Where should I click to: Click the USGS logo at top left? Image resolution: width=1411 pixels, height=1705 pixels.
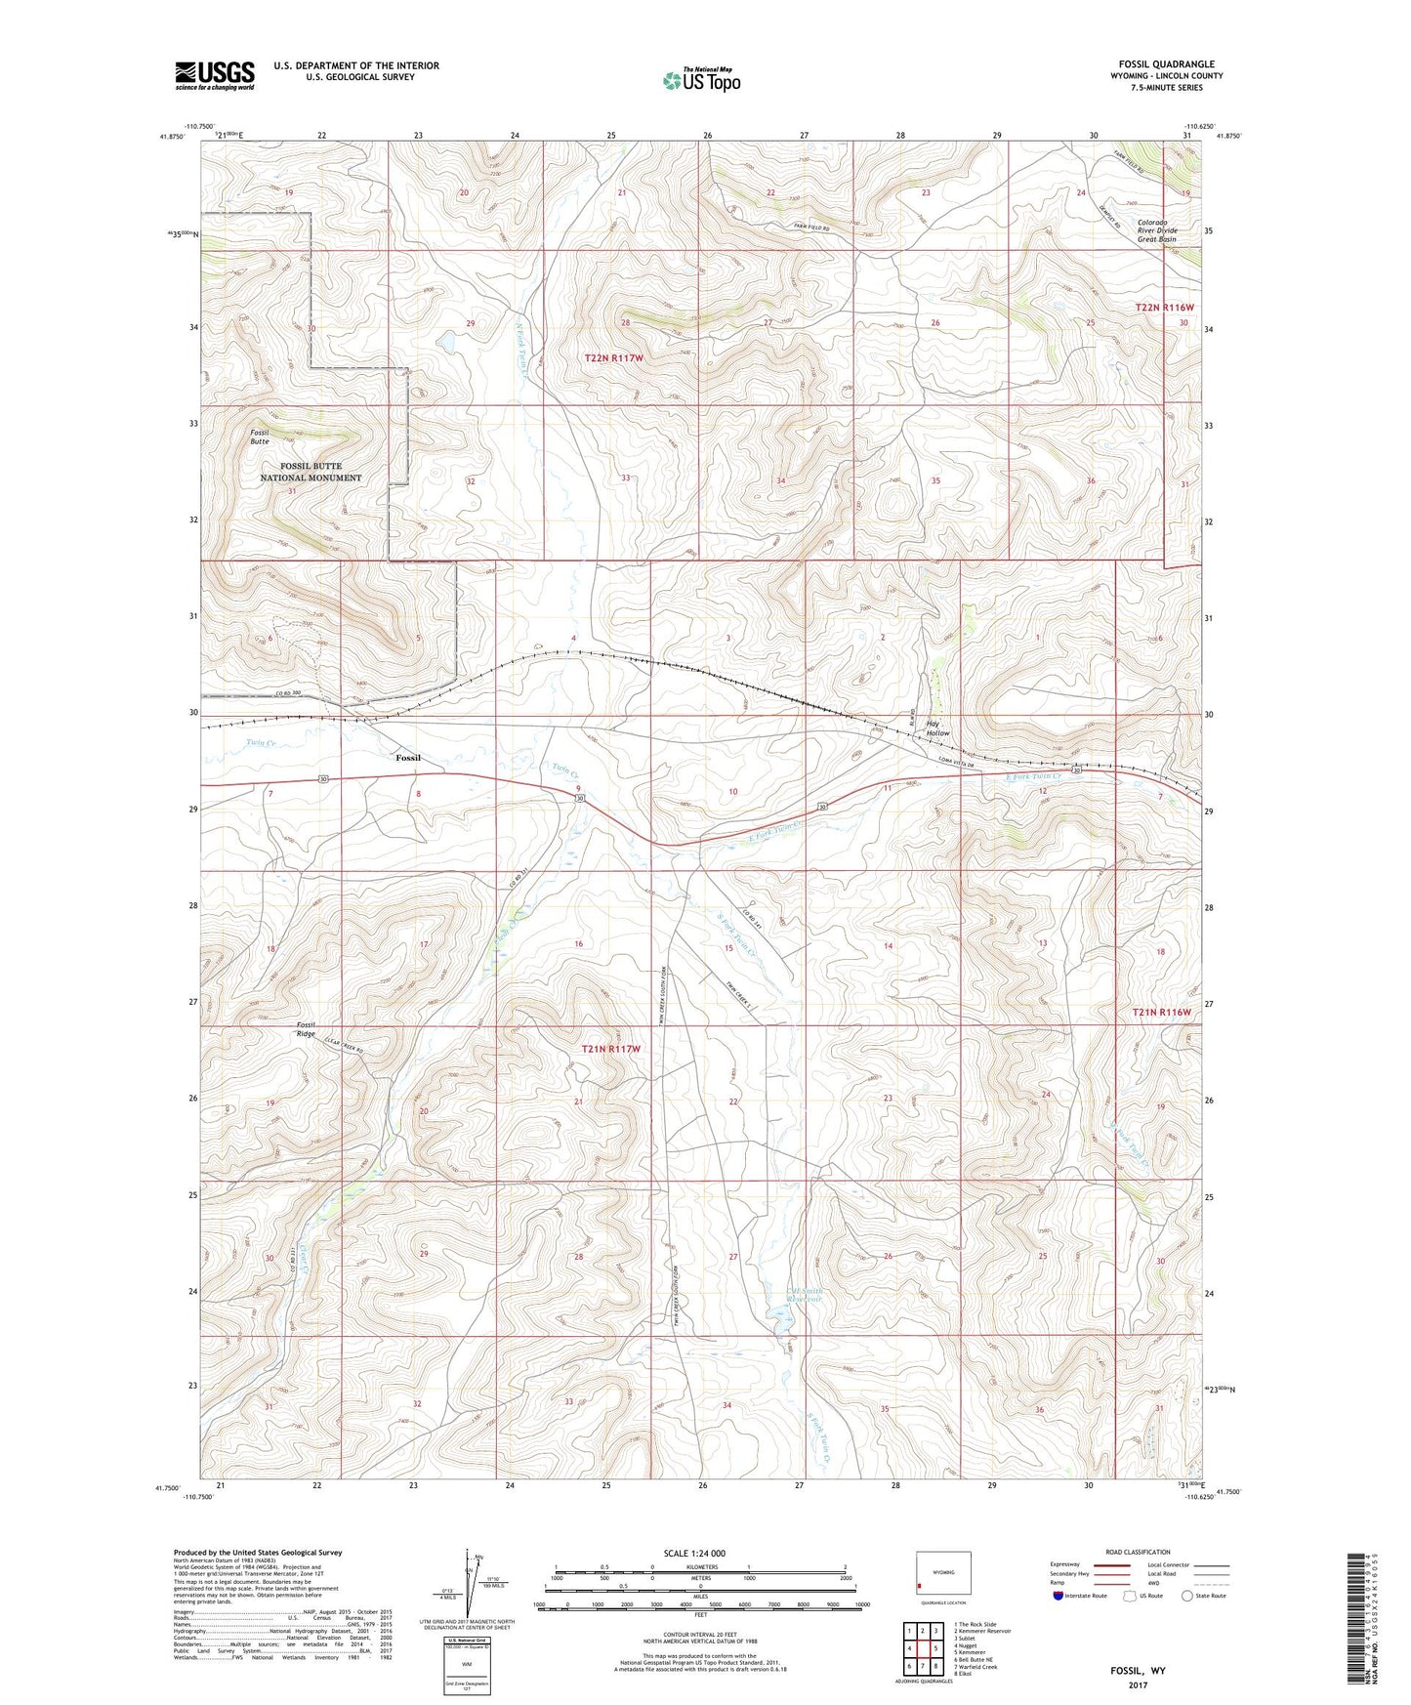pos(215,75)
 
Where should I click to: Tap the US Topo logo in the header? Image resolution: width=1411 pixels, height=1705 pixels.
pos(701,80)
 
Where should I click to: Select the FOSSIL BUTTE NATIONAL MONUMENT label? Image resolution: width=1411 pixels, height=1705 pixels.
pos(311,472)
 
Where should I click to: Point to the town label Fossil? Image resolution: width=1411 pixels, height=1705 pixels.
pos(408,758)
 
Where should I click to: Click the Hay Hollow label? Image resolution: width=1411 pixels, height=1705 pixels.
pos(938,728)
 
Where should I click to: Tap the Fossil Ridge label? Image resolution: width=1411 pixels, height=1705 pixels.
pos(310,1030)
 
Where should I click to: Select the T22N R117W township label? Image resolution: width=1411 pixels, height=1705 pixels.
pos(614,358)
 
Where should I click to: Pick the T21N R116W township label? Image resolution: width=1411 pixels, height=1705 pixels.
pos(1162,1012)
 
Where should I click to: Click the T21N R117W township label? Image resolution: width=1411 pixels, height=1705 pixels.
pos(611,1049)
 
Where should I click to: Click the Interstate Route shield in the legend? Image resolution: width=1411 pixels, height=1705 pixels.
pos(1059,1597)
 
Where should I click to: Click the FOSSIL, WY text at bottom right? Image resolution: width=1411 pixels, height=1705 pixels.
pos(1138,1671)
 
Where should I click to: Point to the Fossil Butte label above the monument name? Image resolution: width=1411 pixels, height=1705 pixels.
pos(259,437)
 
